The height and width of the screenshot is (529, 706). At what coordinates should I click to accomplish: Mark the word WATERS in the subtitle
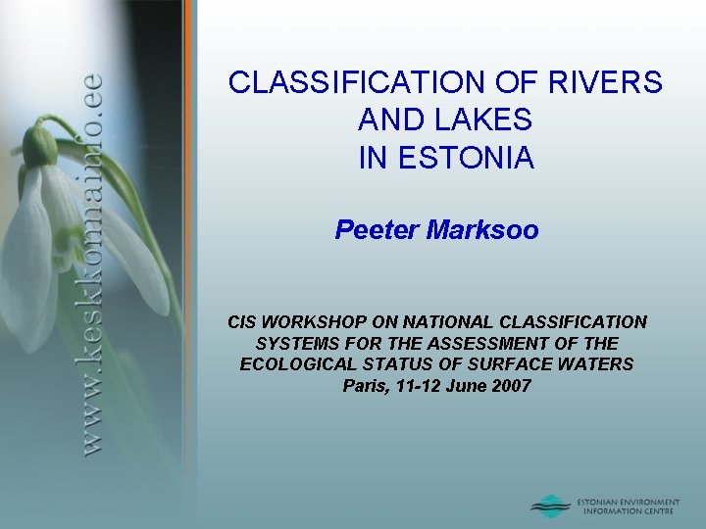(x=601, y=364)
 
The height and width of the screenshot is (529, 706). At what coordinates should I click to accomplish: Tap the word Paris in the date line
(x=364, y=386)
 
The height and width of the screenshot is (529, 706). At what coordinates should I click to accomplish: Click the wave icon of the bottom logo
(x=550, y=505)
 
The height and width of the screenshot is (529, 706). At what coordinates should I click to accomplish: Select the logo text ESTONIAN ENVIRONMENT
(x=629, y=502)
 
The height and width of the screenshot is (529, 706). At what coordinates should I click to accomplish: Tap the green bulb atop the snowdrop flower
(x=40, y=146)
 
